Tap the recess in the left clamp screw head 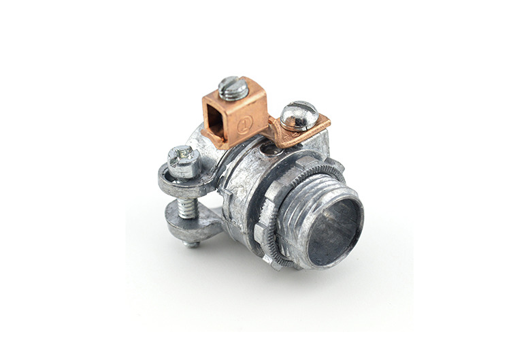point(182,155)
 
